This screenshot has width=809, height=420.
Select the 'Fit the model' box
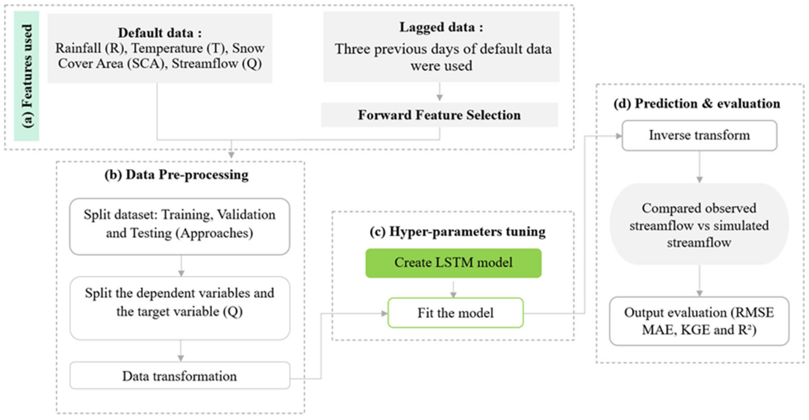[455, 313]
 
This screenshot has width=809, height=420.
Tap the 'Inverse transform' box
[699, 135]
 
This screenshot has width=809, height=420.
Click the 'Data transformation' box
[179, 376]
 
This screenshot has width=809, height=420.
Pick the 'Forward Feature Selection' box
[439, 115]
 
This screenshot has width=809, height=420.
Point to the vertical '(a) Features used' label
[27, 76]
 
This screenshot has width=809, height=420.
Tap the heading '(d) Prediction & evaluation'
[697, 104]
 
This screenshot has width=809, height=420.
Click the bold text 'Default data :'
[160, 33]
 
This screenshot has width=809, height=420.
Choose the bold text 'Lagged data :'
[441, 27]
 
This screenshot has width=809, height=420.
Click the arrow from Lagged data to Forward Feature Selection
[440, 92]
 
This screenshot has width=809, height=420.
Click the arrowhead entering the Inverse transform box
[618, 136]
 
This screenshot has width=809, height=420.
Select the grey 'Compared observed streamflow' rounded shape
[699, 225]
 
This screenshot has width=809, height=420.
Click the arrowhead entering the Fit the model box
[384, 313]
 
